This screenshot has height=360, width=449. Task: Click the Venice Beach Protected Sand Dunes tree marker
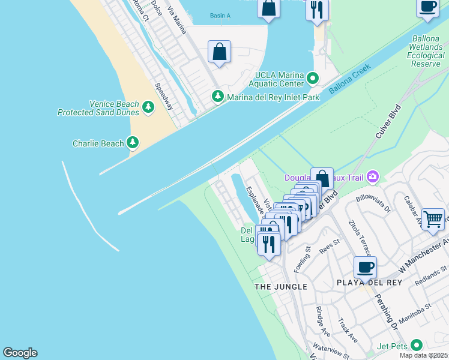point(148,108)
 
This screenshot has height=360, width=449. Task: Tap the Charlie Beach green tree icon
point(133,143)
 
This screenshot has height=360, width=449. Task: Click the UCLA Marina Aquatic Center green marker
point(312,79)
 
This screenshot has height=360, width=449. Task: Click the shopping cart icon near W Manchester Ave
point(433,219)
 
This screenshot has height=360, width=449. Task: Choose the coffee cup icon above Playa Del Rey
point(365,267)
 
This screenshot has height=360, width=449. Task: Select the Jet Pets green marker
point(416,346)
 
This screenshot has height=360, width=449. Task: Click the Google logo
point(20,353)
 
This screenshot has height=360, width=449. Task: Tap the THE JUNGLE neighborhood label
point(281,287)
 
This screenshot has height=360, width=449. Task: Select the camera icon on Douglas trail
point(373,176)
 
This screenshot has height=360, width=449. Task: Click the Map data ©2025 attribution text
point(424,355)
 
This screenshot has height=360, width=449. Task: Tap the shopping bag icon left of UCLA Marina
point(220,52)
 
